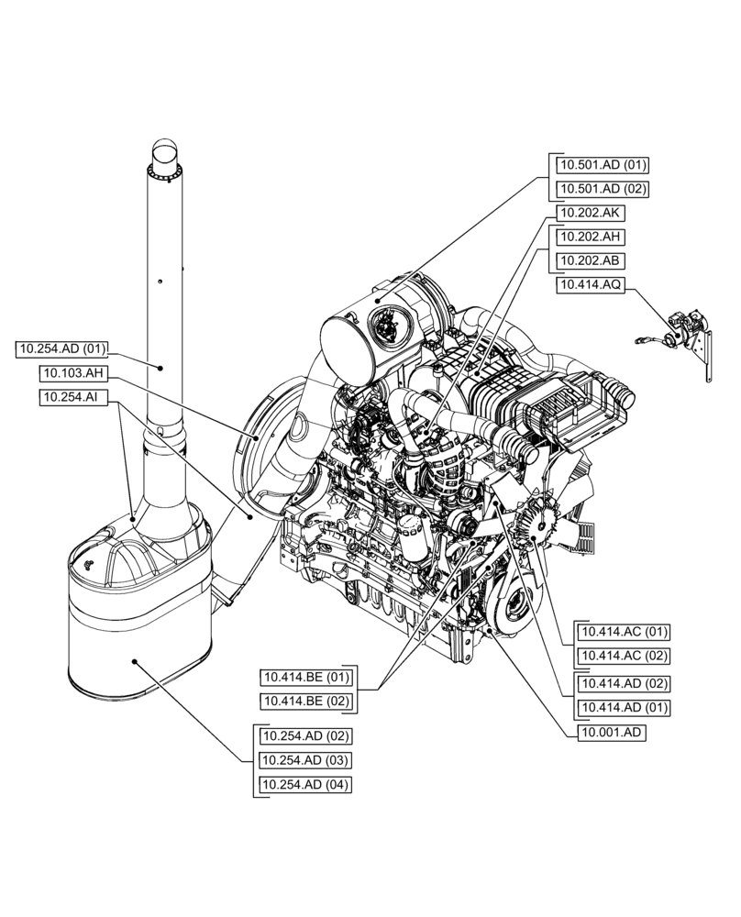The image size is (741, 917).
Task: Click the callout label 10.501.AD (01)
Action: (x=602, y=165)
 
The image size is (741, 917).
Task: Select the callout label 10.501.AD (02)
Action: (x=602, y=190)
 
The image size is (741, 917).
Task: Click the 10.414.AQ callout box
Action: (x=592, y=285)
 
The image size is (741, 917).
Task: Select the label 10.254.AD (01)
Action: (x=62, y=348)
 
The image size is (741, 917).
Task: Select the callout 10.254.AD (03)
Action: (x=305, y=760)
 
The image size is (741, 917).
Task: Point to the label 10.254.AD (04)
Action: (x=305, y=785)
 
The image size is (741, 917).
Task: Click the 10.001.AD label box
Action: (x=612, y=733)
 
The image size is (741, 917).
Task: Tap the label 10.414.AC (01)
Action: (x=623, y=632)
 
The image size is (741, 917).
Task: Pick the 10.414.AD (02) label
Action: (x=623, y=683)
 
